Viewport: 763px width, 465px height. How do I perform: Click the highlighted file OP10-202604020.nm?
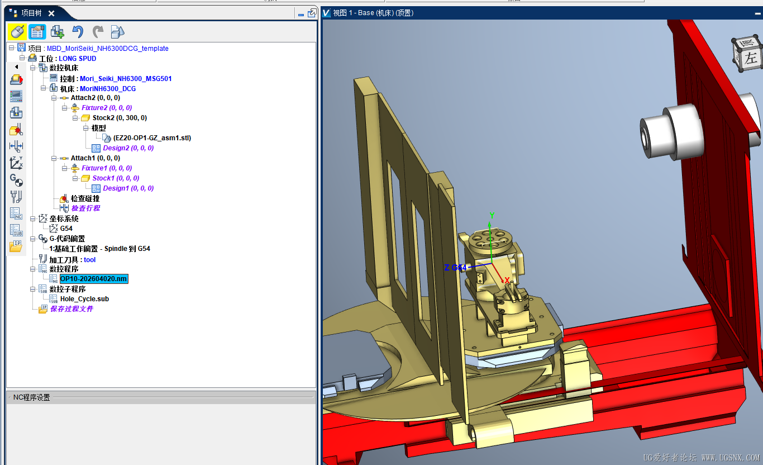[x=94, y=279]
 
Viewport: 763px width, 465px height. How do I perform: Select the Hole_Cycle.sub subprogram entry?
[x=84, y=299]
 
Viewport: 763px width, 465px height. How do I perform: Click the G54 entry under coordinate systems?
[x=66, y=229]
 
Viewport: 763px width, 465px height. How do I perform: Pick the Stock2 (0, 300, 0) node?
[x=120, y=118]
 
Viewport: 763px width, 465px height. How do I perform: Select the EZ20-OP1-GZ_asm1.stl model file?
[x=152, y=138]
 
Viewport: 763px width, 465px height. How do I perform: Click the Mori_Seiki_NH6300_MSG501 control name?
[x=126, y=79]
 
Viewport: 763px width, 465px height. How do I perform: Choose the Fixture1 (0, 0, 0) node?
[x=107, y=168]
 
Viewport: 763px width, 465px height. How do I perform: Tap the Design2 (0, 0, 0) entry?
[x=128, y=148]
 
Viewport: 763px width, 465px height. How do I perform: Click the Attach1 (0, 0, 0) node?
[x=96, y=158]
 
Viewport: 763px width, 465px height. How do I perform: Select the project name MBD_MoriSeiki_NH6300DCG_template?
[x=108, y=49]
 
